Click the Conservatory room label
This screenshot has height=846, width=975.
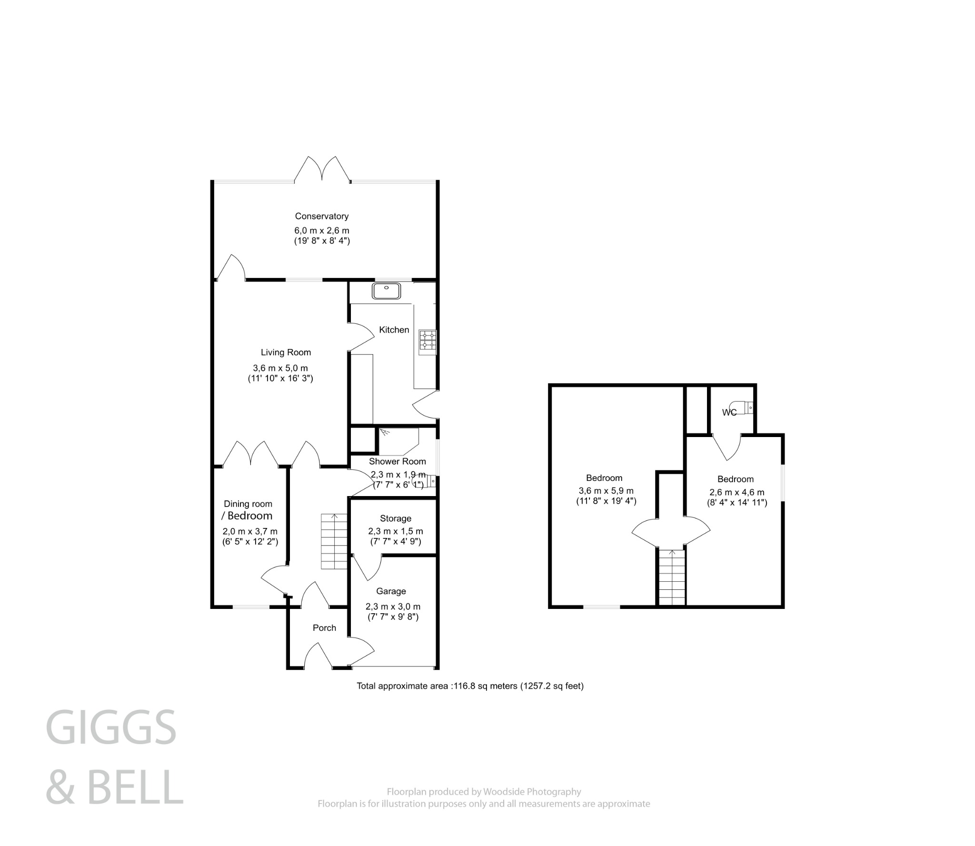pyautogui.click(x=321, y=216)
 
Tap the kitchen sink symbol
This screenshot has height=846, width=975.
pyautogui.click(x=386, y=290)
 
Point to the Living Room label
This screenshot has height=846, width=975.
pyautogui.click(x=286, y=352)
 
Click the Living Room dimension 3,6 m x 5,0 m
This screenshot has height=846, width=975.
pyautogui.click(x=280, y=368)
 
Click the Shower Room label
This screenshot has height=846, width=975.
pyautogui.click(x=397, y=461)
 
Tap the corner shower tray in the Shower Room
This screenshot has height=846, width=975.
pyautogui.click(x=398, y=441)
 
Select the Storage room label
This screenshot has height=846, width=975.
pyautogui.click(x=395, y=518)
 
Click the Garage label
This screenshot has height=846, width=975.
pyautogui.click(x=391, y=591)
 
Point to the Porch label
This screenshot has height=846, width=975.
pyautogui.click(x=324, y=628)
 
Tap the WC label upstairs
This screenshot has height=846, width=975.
pyautogui.click(x=729, y=413)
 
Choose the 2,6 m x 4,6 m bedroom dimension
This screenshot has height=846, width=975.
pyautogui.click(x=736, y=492)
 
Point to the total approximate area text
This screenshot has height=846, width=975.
pyautogui.click(x=470, y=686)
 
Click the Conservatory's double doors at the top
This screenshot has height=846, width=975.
pyautogui.click(x=323, y=169)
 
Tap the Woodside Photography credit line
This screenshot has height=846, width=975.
pyautogui.click(x=484, y=792)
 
